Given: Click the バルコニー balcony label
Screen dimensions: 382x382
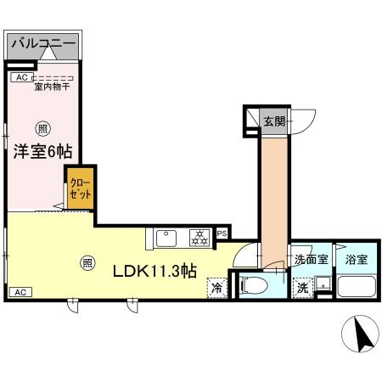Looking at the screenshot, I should click(43, 42).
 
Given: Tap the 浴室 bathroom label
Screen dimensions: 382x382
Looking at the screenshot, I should click(357, 260).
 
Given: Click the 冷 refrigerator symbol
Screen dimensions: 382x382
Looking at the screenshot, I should click(217, 288).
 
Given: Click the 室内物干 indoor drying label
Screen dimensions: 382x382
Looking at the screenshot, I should click(53, 86).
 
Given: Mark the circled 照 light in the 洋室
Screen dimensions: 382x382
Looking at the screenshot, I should click(42, 129).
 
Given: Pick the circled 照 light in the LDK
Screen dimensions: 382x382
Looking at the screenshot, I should click(87, 262).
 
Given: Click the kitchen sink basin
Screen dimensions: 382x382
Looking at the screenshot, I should click(166, 238).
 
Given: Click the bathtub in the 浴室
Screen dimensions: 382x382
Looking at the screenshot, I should click(357, 286).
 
